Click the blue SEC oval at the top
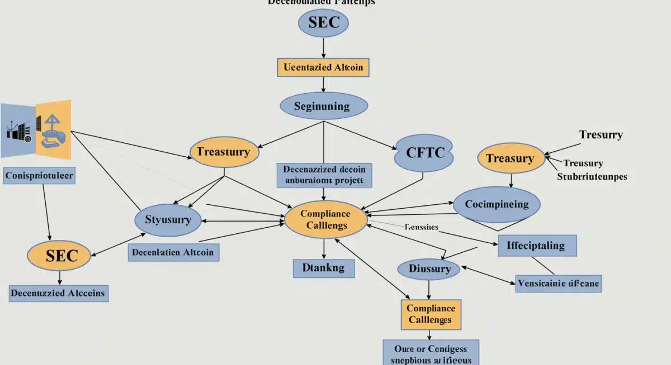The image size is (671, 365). pos(323,23)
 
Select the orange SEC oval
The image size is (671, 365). pos(59,256)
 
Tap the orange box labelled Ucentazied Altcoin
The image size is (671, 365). pos(323,68)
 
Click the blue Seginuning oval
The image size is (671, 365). pos(323,105)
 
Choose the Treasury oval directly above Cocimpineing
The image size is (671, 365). pos(510,159)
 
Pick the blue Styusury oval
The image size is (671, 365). pos(168,220)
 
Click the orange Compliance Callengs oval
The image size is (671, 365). pos(325,220)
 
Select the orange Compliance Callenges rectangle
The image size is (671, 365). pos(430,314)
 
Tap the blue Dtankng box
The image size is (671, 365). pos(323,268)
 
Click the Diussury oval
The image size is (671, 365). pos(429,269)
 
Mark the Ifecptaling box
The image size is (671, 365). pos(536,246)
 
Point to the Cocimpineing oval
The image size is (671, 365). pos(497,204)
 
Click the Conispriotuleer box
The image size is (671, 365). pos(39,176)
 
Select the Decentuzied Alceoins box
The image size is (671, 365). pos(59,294)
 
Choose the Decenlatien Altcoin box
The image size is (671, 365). pos(173,252)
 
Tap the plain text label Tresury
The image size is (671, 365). pos(601,135)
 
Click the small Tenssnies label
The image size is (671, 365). pos(421,228)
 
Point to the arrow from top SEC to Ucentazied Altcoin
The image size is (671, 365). pos(323,47)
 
